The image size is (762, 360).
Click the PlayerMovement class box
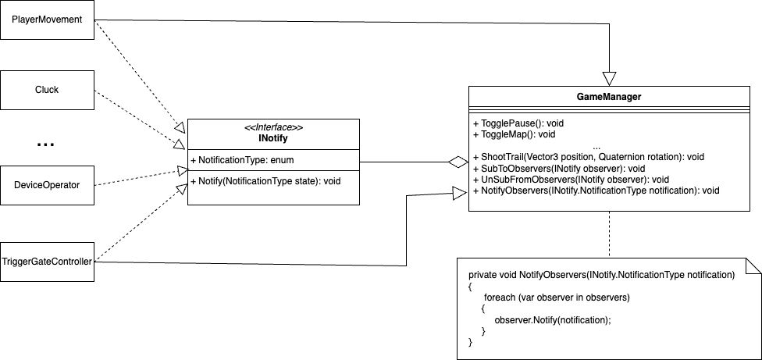pos(47,20)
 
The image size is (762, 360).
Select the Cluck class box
pos(47,89)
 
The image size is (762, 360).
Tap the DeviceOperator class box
pos(47,185)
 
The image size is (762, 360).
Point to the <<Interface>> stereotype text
pos(273,127)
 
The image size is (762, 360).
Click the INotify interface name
pos(273,137)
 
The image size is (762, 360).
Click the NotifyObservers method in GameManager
pos(596,190)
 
